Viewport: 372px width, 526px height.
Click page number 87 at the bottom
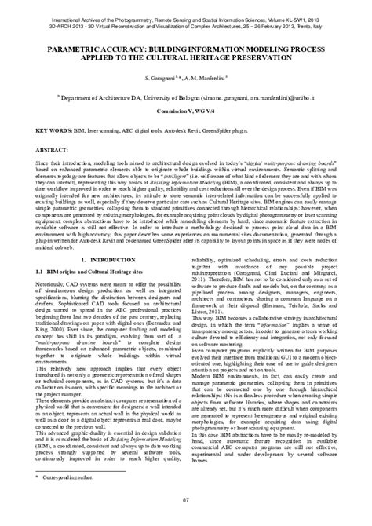tap(186, 512)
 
